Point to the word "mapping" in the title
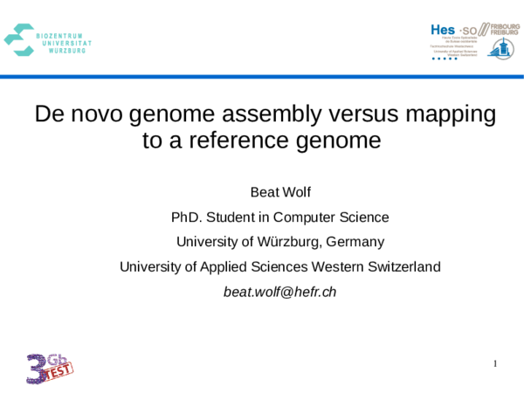click(x=452, y=114)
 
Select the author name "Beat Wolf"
click(x=279, y=191)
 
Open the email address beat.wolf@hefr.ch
click(x=279, y=292)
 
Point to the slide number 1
click(x=494, y=363)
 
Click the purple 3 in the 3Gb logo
click(x=38, y=369)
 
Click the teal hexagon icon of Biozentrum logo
click(x=19, y=38)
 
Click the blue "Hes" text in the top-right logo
click(x=444, y=30)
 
